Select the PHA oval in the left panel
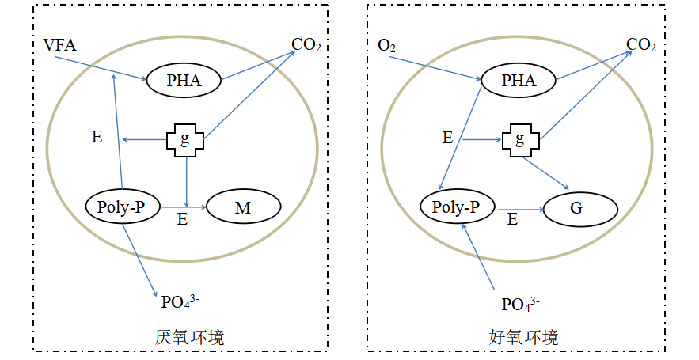pos(184,79)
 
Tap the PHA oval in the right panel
pos(519,80)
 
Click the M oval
pos(243,207)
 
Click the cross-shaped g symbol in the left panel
pos(185,141)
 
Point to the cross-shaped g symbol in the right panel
pos(520,140)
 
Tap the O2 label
pos(387,46)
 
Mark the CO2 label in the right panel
pos(641,45)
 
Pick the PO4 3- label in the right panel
pos(519,302)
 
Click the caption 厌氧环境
pos(189,337)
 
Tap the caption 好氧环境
pos(524,337)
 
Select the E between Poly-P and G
pos(512,221)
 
